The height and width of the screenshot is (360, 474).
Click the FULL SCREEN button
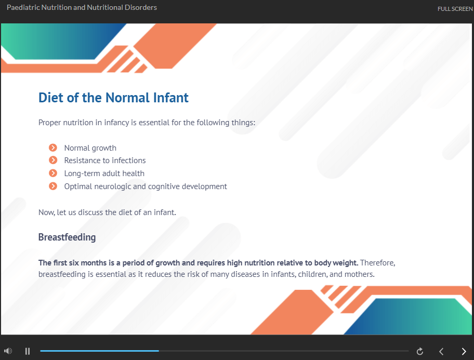point(455,9)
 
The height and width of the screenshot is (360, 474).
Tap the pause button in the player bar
point(28,351)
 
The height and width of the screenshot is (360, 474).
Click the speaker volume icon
point(8,351)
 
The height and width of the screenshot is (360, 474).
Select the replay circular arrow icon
point(419,351)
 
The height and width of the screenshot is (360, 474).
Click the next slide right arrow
point(464,351)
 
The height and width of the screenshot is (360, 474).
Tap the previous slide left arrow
point(441,351)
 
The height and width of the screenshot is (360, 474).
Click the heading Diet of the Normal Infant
point(113,98)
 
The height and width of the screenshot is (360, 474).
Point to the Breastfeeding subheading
point(67,237)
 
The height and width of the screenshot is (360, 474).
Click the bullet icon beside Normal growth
point(53,148)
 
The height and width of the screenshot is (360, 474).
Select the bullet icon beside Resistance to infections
point(53,160)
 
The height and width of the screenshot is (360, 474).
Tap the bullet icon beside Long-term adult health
point(53,173)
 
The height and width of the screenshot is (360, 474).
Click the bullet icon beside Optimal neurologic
point(53,186)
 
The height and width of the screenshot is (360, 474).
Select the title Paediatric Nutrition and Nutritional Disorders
point(82,7)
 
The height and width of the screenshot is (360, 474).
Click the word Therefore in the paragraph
point(377,263)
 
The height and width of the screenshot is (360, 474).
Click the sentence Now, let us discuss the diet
point(107,212)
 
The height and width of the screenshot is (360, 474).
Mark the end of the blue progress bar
point(159,351)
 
